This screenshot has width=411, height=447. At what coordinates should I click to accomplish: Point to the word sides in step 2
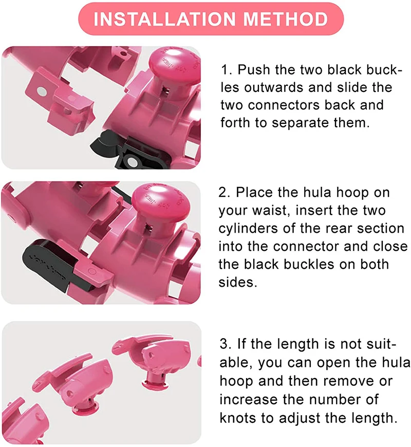[237, 282]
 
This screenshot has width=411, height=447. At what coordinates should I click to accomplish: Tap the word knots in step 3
[239, 417]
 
